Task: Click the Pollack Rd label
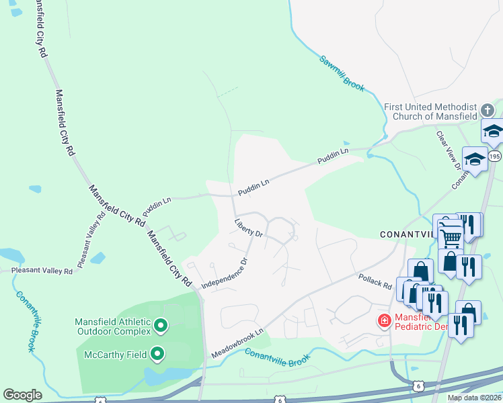point(375,281)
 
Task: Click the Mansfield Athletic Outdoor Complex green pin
point(160,326)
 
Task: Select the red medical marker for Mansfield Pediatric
point(384,322)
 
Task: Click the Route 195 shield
point(494,156)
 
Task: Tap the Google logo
point(22,395)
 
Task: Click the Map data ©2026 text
point(474,398)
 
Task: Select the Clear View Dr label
point(449,150)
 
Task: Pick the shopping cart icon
point(450,236)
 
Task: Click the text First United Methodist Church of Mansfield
point(430,111)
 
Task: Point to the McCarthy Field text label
point(116,354)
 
